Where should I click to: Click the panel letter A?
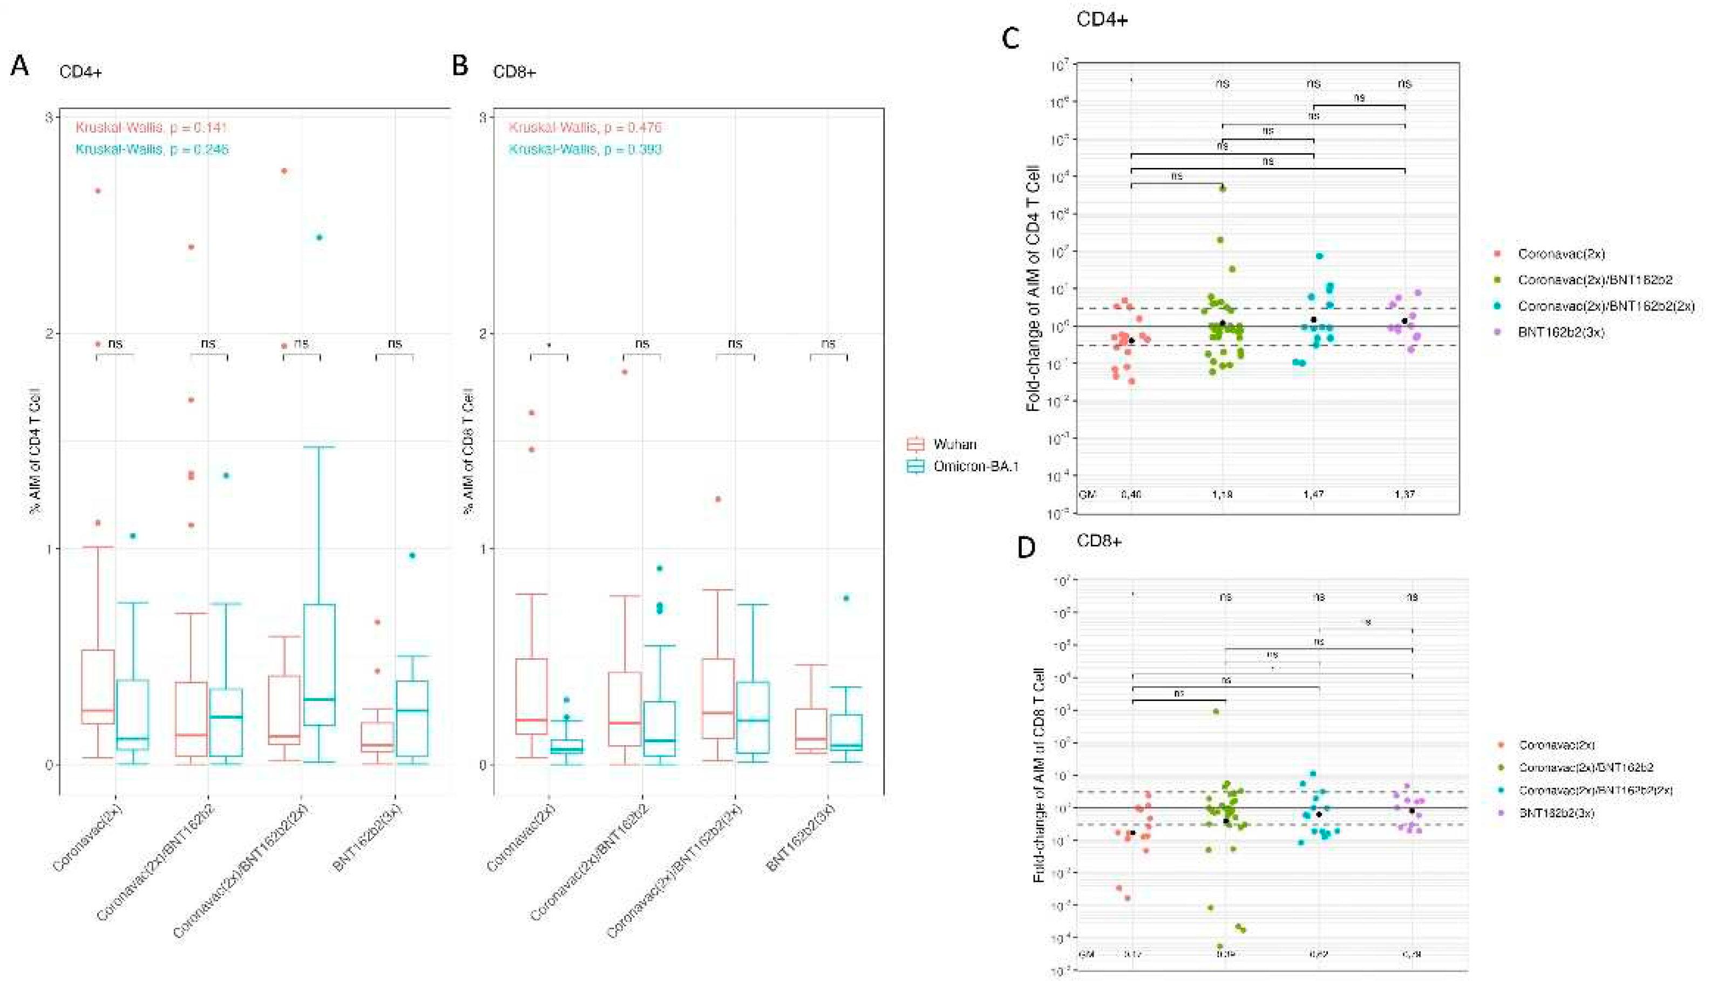[x=21, y=68]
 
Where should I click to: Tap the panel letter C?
[x=1010, y=39]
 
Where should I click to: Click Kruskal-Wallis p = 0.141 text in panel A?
[x=151, y=127]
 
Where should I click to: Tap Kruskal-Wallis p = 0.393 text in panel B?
[x=585, y=149]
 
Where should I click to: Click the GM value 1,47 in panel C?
[x=1314, y=494]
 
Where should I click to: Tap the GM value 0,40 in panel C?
[x=1131, y=494]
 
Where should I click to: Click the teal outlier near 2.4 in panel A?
[x=320, y=237]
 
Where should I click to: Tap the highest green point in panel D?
[x=1216, y=712]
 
